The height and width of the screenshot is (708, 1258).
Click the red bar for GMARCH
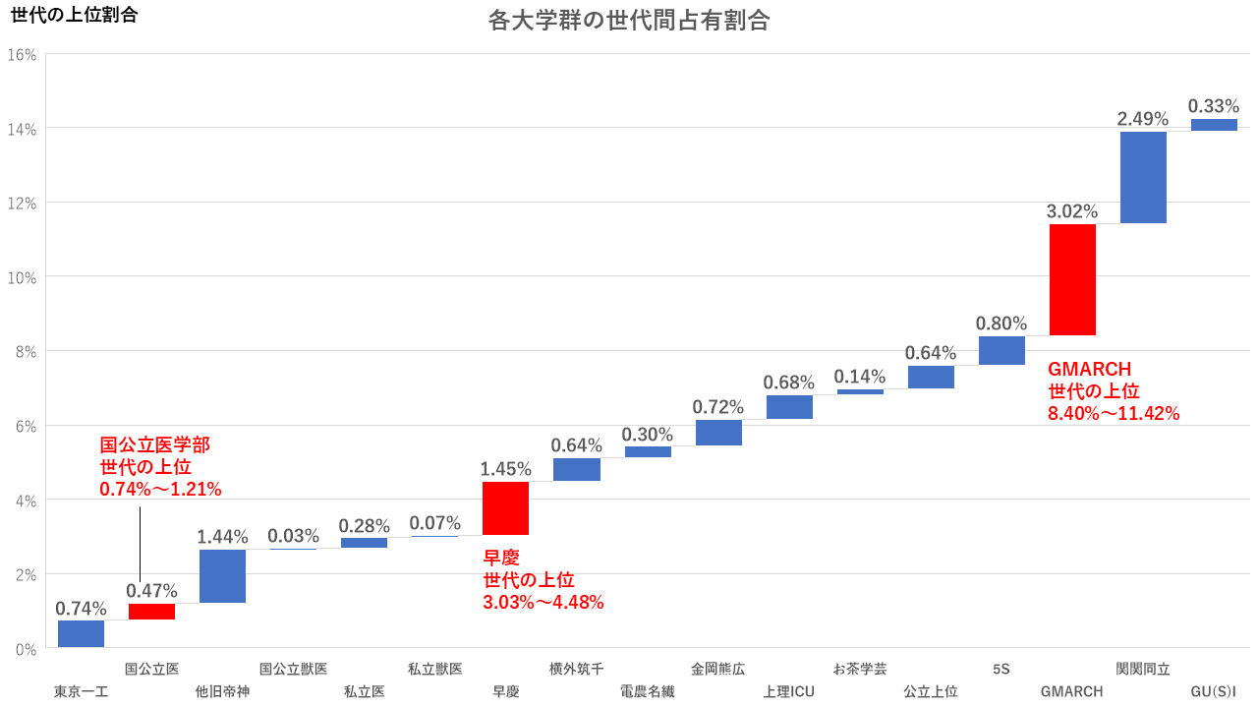(x=1072, y=280)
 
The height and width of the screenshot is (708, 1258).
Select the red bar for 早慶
(x=505, y=508)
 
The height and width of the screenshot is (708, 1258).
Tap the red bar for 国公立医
(x=151, y=612)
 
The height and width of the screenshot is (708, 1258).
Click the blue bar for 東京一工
(x=81, y=634)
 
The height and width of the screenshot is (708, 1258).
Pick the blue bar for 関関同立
(x=1143, y=177)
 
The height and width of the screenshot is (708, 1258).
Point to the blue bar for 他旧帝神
(x=222, y=576)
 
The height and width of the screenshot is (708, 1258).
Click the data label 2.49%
(x=1143, y=119)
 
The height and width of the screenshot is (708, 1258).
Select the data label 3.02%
(x=1072, y=211)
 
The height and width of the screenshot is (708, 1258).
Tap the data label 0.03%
(x=293, y=536)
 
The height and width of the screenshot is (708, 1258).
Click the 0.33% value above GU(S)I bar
(x=1214, y=106)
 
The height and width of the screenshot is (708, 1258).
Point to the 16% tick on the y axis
(x=22, y=55)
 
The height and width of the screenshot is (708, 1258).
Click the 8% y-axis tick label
(x=26, y=352)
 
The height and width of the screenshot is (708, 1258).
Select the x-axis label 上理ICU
(x=789, y=692)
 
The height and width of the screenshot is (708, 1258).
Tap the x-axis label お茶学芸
(x=860, y=669)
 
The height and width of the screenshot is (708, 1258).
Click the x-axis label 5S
(x=1001, y=669)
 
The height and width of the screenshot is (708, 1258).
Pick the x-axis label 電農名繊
(x=648, y=692)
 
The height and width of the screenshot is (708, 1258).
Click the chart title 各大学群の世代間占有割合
(x=629, y=21)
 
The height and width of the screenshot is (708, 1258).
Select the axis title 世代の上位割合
(x=74, y=15)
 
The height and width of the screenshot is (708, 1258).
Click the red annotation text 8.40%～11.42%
(x=1114, y=414)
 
